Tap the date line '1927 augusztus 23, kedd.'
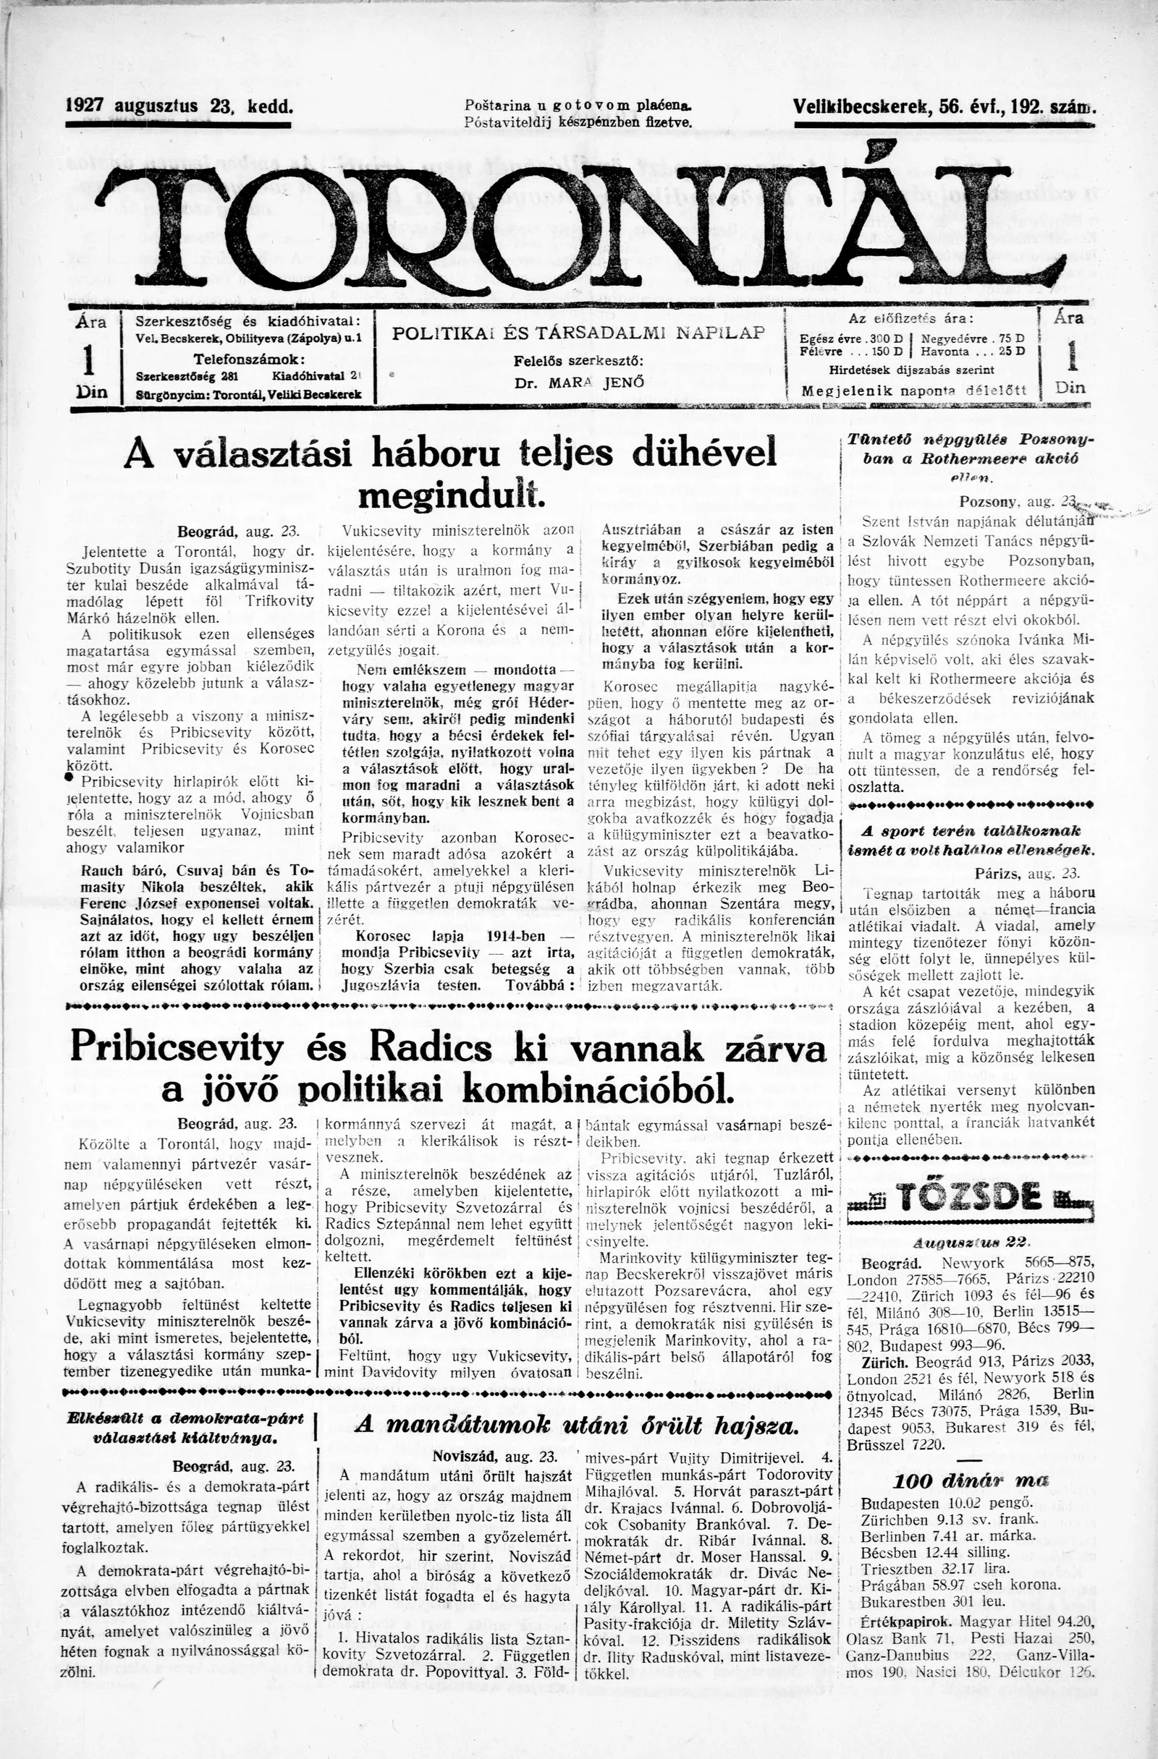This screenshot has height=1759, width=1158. tap(179, 106)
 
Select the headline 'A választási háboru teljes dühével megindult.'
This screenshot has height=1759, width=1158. tap(450, 473)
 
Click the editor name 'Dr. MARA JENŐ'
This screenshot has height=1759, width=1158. tap(578, 383)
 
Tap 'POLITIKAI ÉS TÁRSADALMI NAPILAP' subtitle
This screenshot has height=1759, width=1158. tap(578, 333)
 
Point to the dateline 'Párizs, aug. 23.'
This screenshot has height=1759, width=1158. tap(1026, 873)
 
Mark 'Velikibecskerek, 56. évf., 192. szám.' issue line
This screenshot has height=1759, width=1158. tap(943, 106)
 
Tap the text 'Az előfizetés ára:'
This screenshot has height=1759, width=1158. tap(911, 318)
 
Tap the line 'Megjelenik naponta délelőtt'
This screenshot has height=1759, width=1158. tap(914, 391)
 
